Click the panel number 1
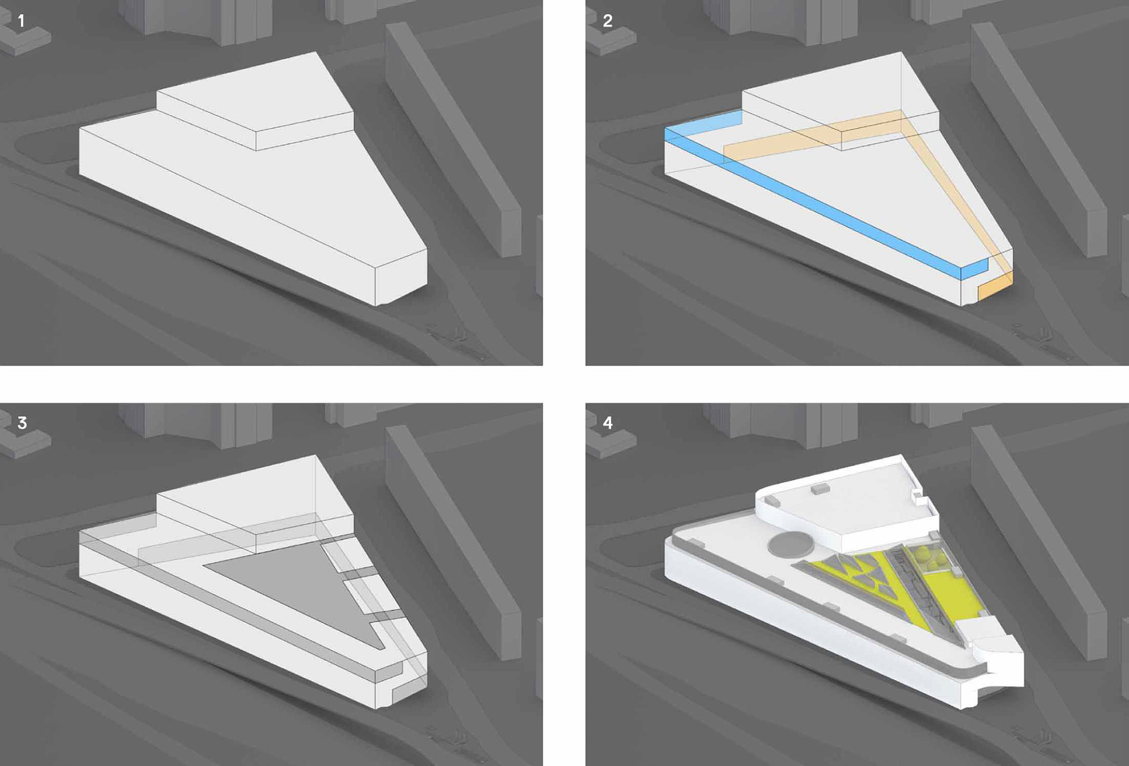[x=21, y=21]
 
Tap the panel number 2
[x=607, y=21]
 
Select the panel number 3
[x=22, y=423]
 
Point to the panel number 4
[x=607, y=423]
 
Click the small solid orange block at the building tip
[x=995, y=290]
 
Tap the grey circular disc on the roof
[x=791, y=544]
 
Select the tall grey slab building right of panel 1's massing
[x=453, y=141]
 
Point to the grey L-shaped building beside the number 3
[x=26, y=444]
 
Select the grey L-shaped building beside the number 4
[x=612, y=444]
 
